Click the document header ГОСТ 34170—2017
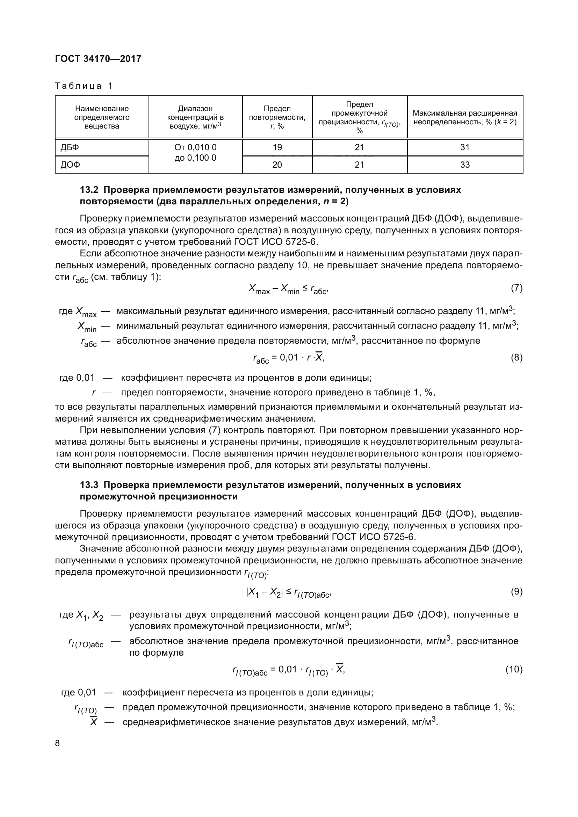click(98, 59)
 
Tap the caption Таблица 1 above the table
click(84, 86)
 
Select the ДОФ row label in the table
click(70, 165)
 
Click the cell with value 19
click(277, 147)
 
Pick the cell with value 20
click(277, 165)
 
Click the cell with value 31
click(465, 147)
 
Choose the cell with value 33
click(465, 165)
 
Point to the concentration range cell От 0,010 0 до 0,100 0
click(195, 153)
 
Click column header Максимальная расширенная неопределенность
click(465, 117)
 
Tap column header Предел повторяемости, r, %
click(277, 117)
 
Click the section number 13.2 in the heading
click(89, 190)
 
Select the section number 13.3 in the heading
click(89, 485)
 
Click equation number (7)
click(516, 288)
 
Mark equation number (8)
click(516, 358)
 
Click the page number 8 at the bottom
click(58, 743)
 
